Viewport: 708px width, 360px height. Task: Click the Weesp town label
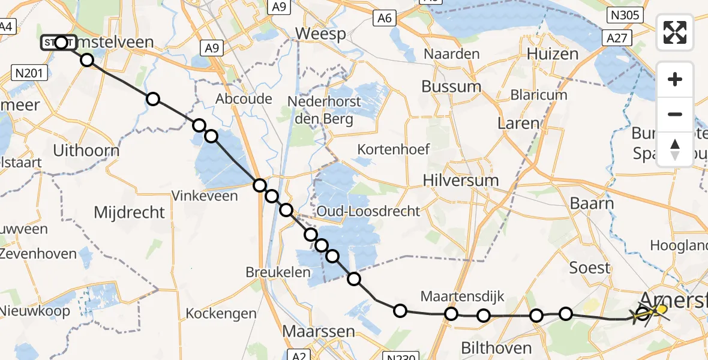pyautogui.click(x=320, y=34)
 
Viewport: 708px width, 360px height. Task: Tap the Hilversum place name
pyautogui.click(x=460, y=180)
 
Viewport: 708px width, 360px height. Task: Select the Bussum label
pyautogui.click(x=451, y=86)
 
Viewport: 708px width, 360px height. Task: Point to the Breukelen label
pyautogui.click(x=278, y=272)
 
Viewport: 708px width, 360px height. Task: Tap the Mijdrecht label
pyautogui.click(x=130, y=212)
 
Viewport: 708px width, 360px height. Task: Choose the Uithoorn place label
pyautogui.click(x=83, y=151)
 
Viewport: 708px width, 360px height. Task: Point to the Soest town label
pyautogui.click(x=589, y=268)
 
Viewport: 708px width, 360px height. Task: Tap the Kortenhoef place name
pyautogui.click(x=394, y=149)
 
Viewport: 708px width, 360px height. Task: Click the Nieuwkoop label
pyautogui.click(x=35, y=311)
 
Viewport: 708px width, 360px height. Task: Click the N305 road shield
pyautogui.click(x=625, y=14)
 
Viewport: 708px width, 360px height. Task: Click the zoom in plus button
pyautogui.click(x=675, y=79)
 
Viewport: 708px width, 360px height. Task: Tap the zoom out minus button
pyautogui.click(x=675, y=114)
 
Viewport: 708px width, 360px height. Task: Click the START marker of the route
pyautogui.click(x=58, y=43)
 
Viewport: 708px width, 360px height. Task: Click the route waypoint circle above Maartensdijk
pyautogui.click(x=451, y=313)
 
